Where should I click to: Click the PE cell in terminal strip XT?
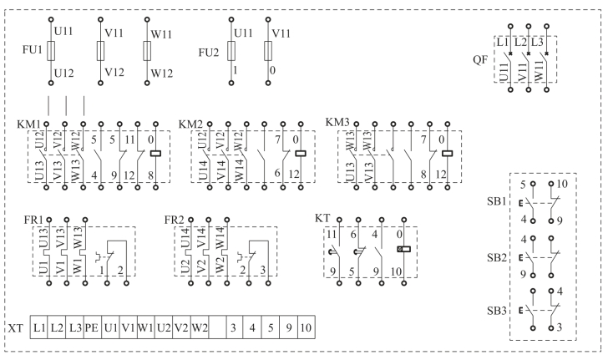pos(92,327)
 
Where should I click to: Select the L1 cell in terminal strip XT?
pos(39,327)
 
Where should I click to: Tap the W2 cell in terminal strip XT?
pos(200,327)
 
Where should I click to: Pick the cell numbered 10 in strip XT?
pos(306,327)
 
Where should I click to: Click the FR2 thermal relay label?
pos(175,219)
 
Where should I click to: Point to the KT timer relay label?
pos(322,218)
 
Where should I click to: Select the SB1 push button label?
pos(496,203)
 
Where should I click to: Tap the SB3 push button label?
pos(496,311)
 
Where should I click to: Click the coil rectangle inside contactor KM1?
pos(155,153)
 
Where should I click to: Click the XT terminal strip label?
pos(15,327)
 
